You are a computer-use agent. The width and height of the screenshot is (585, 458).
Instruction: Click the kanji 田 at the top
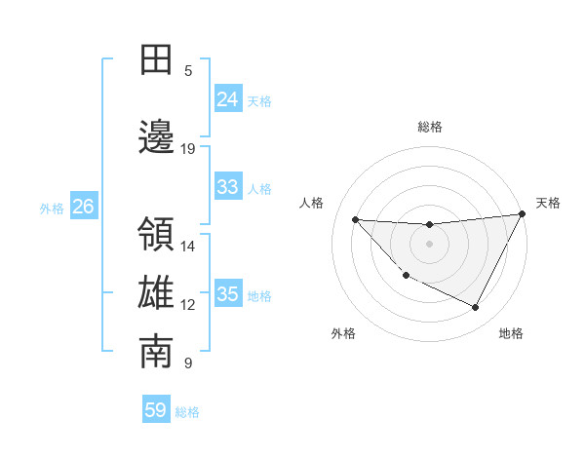click(x=156, y=59)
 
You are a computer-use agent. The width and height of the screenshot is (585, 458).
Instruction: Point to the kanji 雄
click(x=156, y=293)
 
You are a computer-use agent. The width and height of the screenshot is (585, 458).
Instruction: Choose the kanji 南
click(x=156, y=353)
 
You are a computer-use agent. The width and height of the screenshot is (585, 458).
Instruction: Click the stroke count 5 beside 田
click(x=188, y=70)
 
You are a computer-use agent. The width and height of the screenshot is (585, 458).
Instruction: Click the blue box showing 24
click(x=227, y=98)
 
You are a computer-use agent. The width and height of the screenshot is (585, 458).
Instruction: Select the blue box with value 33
click(x=227, y=187)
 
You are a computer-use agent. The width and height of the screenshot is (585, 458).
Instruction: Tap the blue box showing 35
click(x=227, y=294)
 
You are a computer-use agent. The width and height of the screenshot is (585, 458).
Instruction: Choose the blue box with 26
click(x=83, y=207)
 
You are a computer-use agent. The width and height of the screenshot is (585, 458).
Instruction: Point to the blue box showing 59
click(x=156, y=410)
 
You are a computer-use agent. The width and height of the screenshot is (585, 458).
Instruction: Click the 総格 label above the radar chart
click(x=430, y=127)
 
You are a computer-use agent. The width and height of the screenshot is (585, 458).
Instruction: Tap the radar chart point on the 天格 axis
click(x=523, y=213)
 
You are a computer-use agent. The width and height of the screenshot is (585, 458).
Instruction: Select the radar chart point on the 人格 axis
click(x=355, y=219)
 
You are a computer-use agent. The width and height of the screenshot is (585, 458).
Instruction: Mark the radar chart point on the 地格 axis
click(x=475, y=308)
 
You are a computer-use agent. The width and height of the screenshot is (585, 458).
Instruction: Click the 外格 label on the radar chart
click(x=343, y=333)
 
